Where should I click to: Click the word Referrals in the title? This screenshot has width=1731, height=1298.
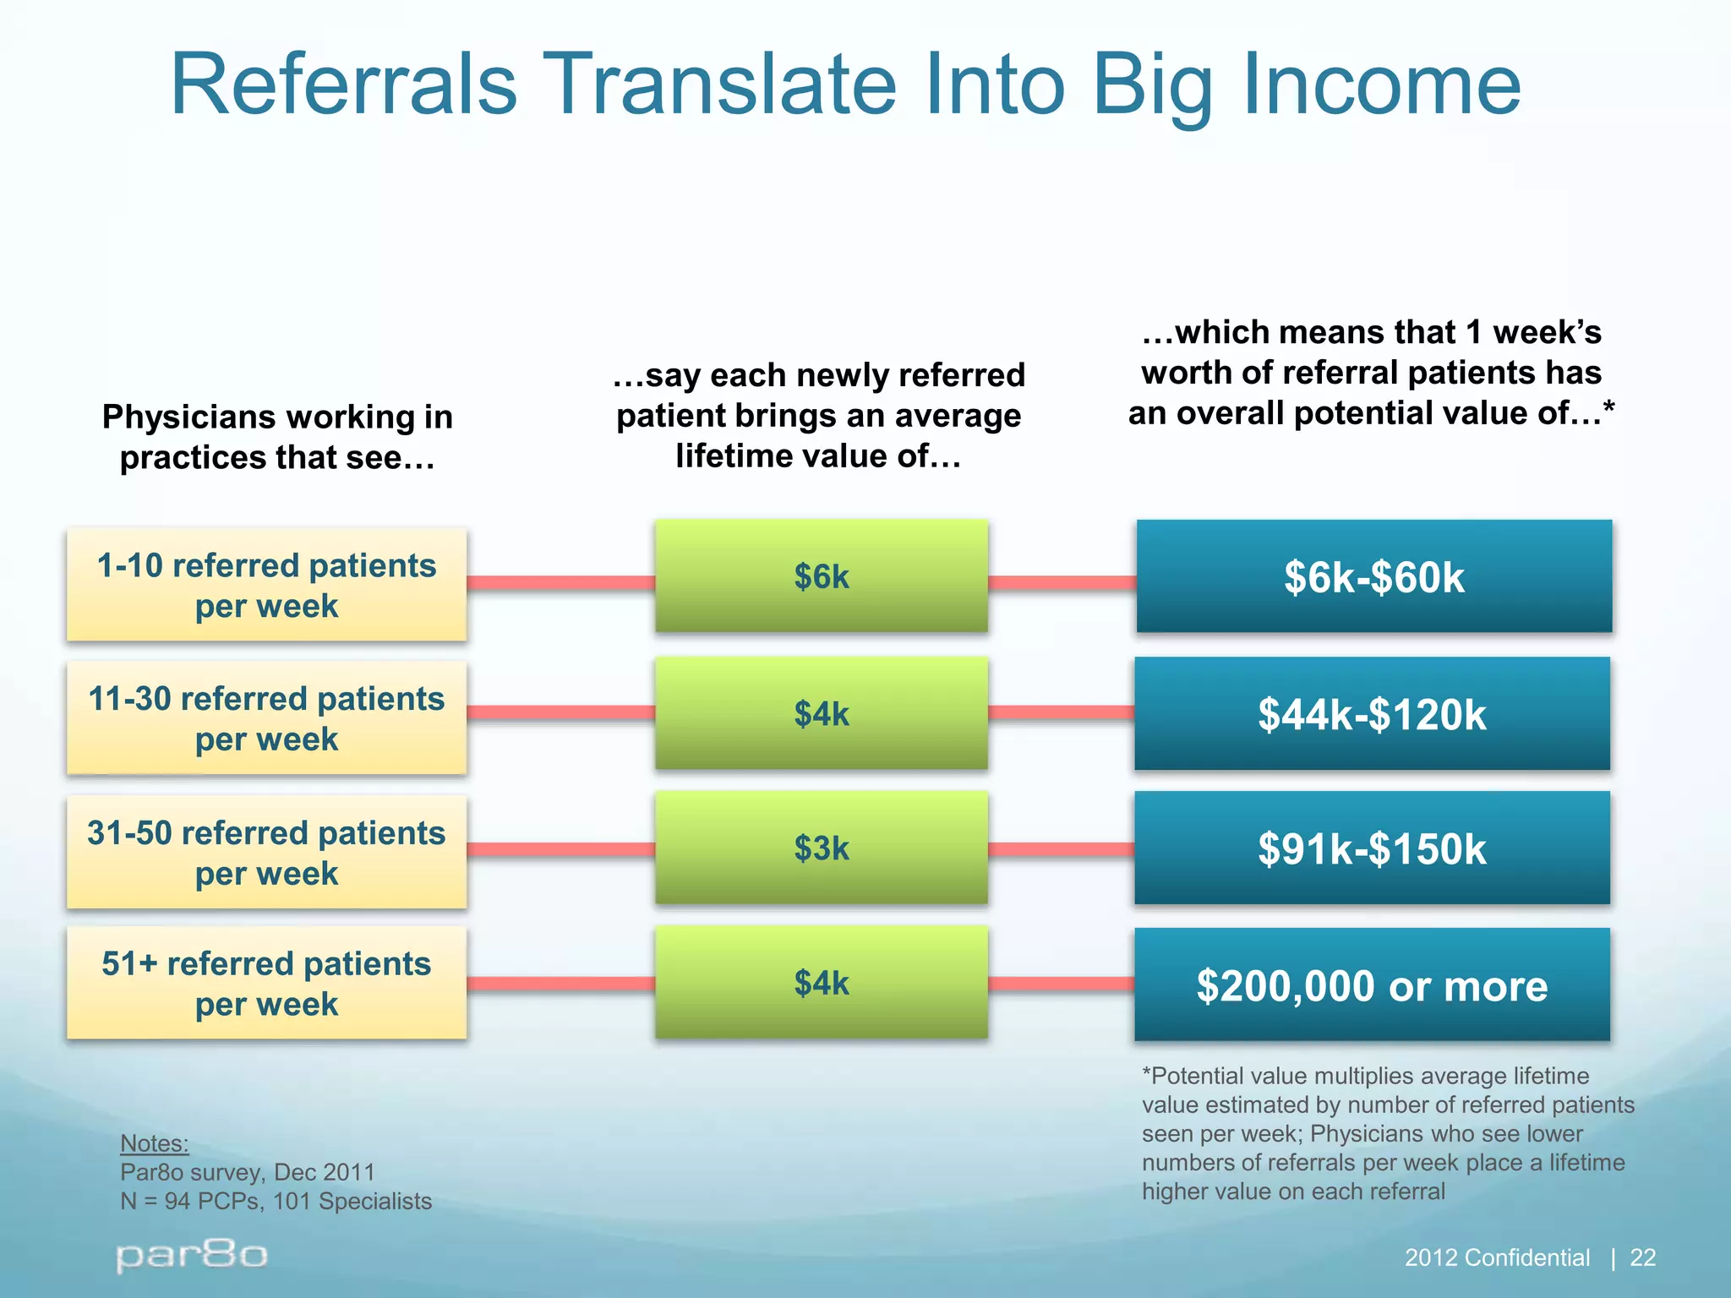tap(343, 85)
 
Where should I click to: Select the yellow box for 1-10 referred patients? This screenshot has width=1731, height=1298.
tap(266, 585)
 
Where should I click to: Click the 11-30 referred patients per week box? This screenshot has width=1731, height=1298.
tap(266, 718)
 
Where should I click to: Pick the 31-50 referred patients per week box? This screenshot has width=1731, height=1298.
tap(266, 852)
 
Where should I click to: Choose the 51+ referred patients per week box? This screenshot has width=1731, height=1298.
tap(266, 984)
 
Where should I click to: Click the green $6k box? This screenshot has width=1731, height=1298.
tap(821, 576)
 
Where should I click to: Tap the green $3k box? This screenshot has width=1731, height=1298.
tap(821, 848)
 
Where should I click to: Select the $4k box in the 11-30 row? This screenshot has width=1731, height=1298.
tap(821, 714)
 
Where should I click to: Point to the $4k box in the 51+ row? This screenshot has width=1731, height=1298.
tap(821, 983)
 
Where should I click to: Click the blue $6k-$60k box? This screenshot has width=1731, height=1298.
tap(1373, 577)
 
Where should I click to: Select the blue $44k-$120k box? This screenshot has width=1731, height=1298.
tap(1372, 714)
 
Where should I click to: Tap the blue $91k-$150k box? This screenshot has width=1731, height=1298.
tap(1372, 848)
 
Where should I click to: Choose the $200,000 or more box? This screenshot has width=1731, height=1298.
tap(1372, 985)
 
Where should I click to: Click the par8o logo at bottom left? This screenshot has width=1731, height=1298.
tap(192, 1256)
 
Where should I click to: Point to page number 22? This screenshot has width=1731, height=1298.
tap(1642, 1257)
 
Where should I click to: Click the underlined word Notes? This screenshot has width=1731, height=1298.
tap(154, 1143)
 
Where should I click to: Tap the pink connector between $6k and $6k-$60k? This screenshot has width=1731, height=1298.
tap(1062, 582)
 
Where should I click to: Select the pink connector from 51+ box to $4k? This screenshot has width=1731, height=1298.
tap(560, 984)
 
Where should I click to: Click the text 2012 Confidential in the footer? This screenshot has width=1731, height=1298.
tap(1496, 1257)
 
